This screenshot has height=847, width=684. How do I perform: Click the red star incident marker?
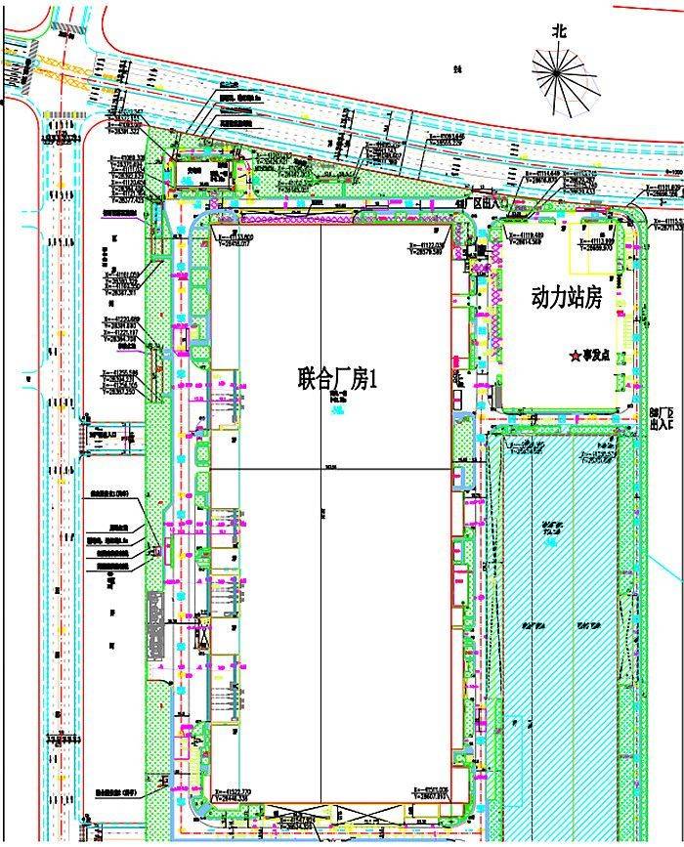[575, 357]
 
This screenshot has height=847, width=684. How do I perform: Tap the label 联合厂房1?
[336, 379]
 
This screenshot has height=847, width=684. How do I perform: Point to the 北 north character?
[559, 31]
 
